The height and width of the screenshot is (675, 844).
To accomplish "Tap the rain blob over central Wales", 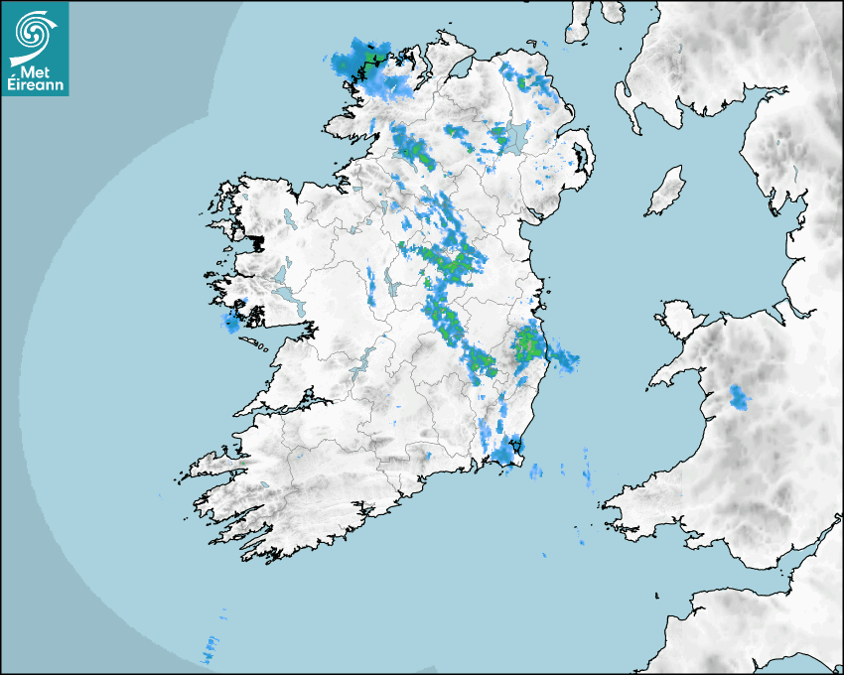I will [740, 397].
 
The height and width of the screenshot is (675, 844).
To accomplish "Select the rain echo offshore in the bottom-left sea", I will [211, 650].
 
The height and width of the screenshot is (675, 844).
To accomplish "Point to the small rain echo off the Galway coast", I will [232, 322].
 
